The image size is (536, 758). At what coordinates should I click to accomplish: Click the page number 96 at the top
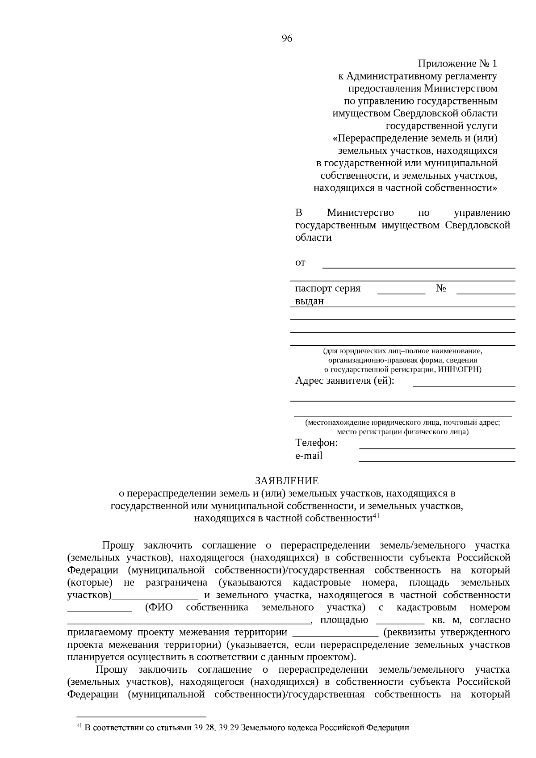click(x=287, y=38)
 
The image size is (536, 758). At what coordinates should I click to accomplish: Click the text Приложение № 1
click(x=457, y=64)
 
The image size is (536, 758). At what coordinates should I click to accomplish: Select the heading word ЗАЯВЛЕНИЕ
click(x=287, y=481)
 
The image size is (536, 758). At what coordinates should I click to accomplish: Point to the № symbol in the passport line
click(x=441, y=289)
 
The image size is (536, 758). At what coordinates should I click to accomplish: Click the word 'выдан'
click(x=310, y=301)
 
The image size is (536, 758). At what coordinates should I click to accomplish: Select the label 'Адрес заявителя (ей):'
click(x=345, y=381)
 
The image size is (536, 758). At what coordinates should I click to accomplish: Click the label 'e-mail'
click(x=309, y=456)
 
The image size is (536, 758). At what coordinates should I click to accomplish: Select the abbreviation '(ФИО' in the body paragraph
click(x=159, y=607)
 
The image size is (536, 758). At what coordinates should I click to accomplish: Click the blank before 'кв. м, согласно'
click(x=400, y=621)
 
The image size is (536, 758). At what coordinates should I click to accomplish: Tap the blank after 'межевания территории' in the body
click(x=335, y=634)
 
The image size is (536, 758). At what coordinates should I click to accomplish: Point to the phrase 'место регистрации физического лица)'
click(x=402, y=431)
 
